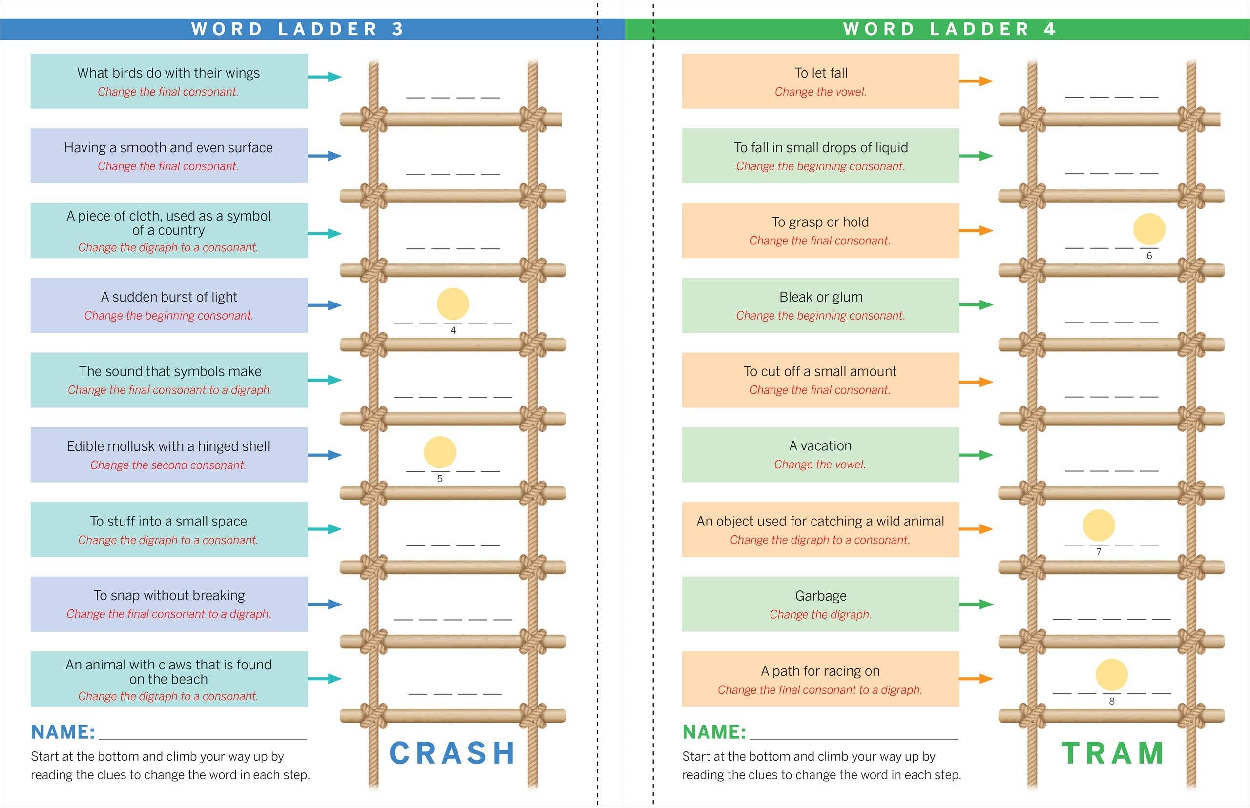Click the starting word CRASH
coord(452,753)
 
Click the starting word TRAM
coord(1112,753)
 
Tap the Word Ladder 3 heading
coord(298,29)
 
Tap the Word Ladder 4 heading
coord(949,29)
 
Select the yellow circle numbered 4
coord(453,304)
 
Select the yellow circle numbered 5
coord(439,452)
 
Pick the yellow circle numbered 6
coord(1148,229)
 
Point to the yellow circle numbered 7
coord(1098,525)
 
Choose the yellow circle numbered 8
coord(1111,674)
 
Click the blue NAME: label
coord(63,732)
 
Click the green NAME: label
coord(714,732)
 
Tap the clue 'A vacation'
coord(820,446)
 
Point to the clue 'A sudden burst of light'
coord(169,297)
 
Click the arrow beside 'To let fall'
coord(976,81)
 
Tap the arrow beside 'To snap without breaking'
coord(324,604)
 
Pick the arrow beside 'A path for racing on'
coord(976,678)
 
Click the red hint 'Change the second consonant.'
coord(168,465)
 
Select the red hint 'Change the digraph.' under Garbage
coord(820,614)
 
